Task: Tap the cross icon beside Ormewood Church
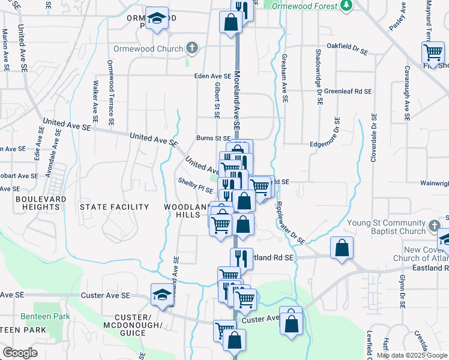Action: [192, 47]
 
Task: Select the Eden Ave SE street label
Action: [212, 76]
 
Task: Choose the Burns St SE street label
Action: [214, 137]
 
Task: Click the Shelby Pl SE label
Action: [195, 184]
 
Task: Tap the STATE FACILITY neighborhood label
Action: [114, 207]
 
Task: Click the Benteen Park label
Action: [45, 316]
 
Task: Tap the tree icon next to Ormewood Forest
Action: [346, 6]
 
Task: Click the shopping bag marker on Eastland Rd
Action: [342, 248]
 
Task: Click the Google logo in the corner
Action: [20, 352]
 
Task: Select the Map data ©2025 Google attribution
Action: [412, 355]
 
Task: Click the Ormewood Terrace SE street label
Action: [110, 93]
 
